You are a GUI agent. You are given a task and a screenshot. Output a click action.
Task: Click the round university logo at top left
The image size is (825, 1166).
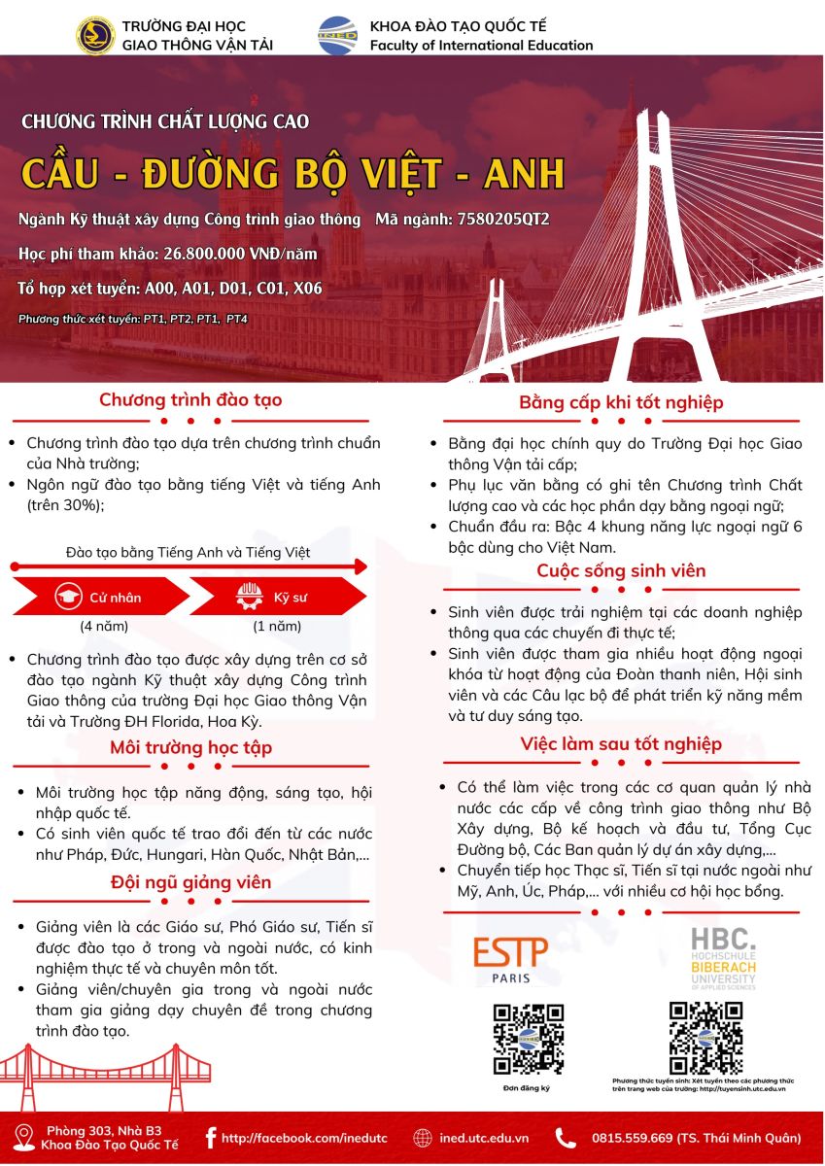coord(95,35)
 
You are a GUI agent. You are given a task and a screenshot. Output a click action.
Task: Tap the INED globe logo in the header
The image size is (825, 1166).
coord(337,36)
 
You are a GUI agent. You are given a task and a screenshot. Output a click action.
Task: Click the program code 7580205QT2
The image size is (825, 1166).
coord(502,220)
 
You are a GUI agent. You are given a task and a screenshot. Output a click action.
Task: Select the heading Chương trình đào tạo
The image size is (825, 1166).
coord(190,400)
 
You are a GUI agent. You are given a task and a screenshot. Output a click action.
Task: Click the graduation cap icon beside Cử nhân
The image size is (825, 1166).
coord(68,596)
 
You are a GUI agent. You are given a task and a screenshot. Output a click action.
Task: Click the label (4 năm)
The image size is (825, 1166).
coord(104,626)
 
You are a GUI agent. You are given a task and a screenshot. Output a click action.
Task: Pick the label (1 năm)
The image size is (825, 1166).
coord(277,626)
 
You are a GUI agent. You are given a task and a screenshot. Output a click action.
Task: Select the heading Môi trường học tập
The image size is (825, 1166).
coord(190,747)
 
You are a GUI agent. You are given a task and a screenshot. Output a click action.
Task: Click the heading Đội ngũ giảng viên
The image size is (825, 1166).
coord(190,881)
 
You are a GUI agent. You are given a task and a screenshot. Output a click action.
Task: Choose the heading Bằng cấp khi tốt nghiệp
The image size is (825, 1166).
coord(621,402)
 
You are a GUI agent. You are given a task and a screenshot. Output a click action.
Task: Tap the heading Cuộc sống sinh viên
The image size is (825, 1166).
coord(621,570)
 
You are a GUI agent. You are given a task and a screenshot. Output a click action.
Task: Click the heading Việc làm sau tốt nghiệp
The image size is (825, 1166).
coord(621,744)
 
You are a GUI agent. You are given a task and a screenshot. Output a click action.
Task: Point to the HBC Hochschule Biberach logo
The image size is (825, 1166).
coord(723,958)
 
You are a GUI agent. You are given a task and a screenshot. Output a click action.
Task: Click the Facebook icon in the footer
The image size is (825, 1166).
coord(210,1138)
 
